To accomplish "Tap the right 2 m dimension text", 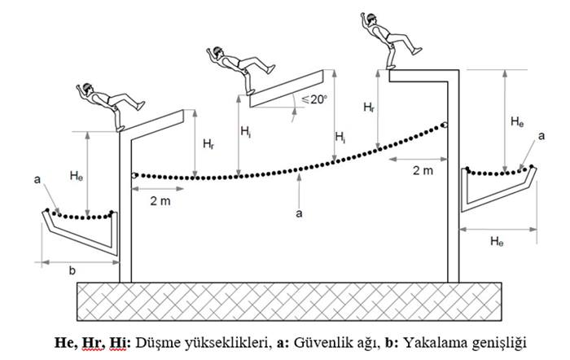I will pos(421,170).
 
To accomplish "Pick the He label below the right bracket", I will pos(500,242).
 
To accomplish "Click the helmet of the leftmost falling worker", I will pos(88,88).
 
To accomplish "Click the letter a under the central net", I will pos(300,213).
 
